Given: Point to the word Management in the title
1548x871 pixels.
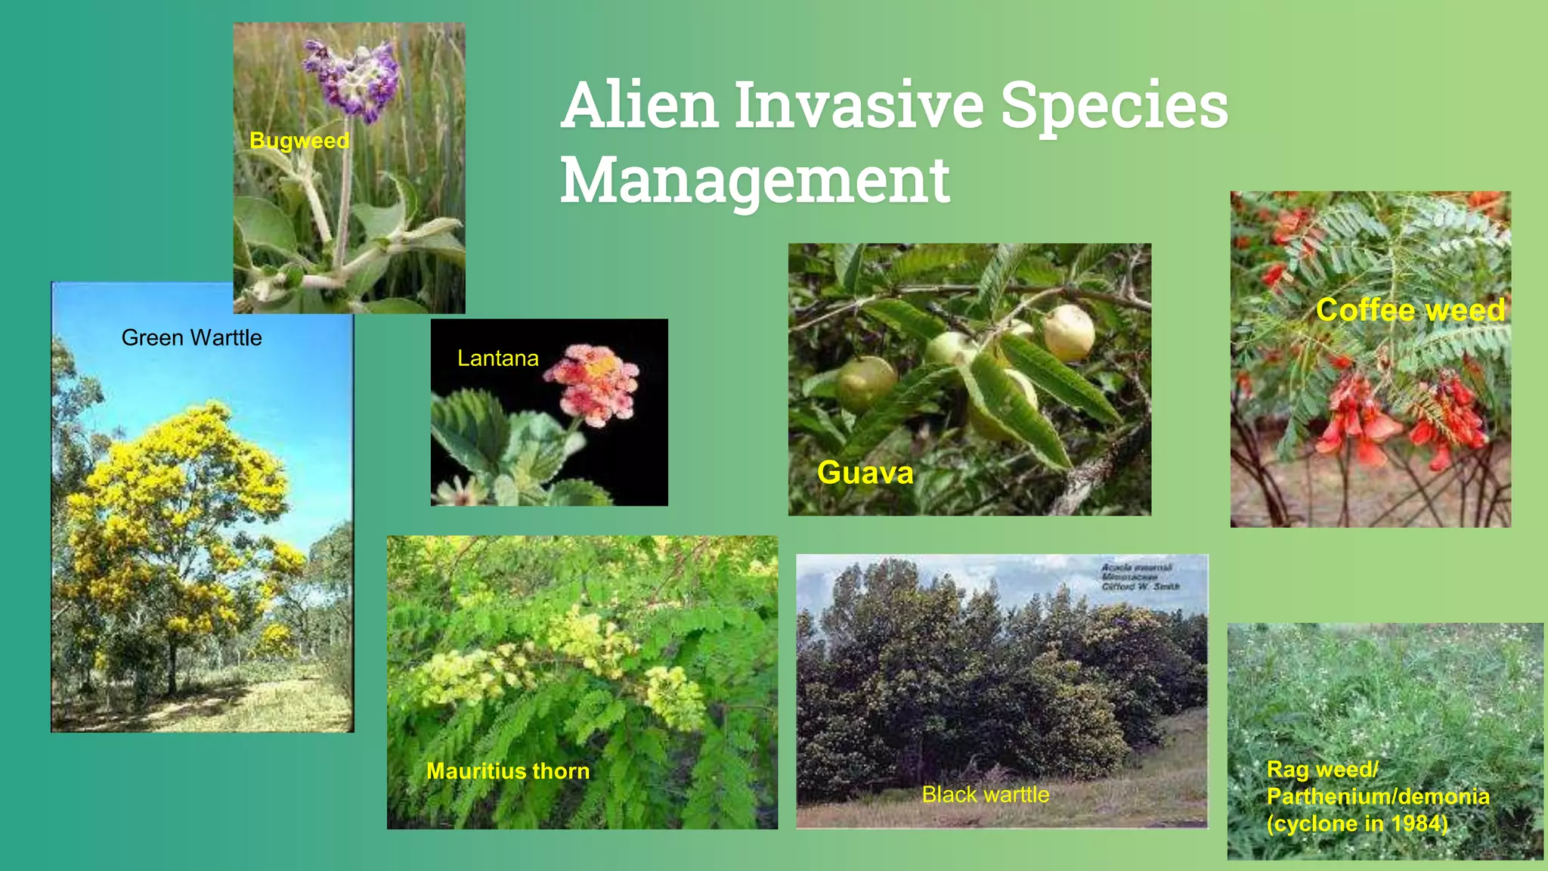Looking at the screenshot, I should (x=754, y=181).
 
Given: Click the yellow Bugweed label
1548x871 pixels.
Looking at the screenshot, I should (x=299, y=141).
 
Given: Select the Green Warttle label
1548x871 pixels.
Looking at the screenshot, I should (x=191, y=338).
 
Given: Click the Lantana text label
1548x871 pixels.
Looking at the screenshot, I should (x=497, y=358).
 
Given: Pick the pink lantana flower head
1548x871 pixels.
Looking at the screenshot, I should (x=594, y=384).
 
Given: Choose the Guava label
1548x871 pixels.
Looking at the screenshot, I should (x=865, y=473).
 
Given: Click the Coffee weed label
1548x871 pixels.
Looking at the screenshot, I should (x=1410, y=310).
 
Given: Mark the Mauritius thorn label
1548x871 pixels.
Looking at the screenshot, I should (x=508, y=771).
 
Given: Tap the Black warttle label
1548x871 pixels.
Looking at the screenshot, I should (x=985, y=795).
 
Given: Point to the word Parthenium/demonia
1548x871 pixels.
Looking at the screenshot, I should (x=1378, y=796).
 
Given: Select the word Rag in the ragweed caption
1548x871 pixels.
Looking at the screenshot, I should (x=1283, y=770).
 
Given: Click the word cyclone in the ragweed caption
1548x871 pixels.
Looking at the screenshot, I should (x=1320, y=823).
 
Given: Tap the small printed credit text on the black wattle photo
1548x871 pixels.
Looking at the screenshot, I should (x=1139, y=577).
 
